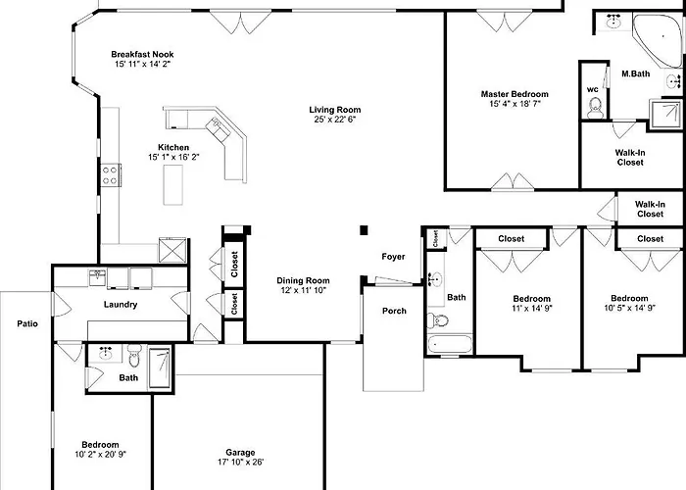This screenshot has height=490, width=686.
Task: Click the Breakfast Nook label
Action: click(x=142, y=54)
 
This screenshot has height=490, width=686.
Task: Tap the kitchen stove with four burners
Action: click(x=111, y=175)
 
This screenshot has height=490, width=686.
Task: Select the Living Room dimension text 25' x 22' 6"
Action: click(x=335, y=119)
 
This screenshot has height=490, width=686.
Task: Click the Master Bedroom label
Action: click(x=514, y=94)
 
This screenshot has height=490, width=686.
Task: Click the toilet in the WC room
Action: click(x=595, y=108)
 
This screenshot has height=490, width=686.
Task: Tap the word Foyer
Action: click(x=393, y=257)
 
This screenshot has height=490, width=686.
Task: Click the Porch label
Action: click(x=394, y=311)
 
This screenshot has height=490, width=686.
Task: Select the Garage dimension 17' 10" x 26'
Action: click(x=240, y=462)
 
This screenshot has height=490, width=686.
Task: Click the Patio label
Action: click(x=27, y=323)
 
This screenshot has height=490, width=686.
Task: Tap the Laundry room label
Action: click(x=121, y=305)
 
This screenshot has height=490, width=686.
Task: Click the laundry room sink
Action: click(x=97, y=277)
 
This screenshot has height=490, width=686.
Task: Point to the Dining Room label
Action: click(x=303, y=280)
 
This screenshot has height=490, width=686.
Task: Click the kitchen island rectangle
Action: click(x=172, y=184)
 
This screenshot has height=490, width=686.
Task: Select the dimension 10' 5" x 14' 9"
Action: click(x=629, y=308)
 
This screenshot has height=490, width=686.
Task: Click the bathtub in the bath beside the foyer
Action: click(x=450, y=345)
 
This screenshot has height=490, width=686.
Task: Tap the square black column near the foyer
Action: click(x=364, y=230)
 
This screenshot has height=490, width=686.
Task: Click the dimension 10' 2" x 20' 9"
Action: click(x=100, y=455)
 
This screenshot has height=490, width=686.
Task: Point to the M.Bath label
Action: click(x=636, y=73)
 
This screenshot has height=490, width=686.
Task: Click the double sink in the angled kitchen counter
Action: click(x=218, y=129)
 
